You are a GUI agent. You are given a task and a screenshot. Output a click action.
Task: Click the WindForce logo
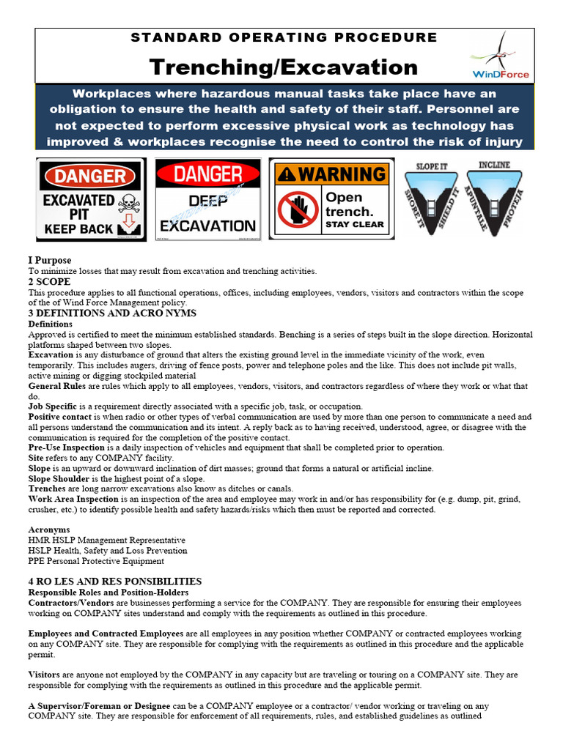(x=501, y=56)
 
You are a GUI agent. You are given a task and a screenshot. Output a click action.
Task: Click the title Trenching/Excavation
(x=284, y=67)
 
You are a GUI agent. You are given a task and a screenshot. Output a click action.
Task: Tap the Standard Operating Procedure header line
(x=284, y=37)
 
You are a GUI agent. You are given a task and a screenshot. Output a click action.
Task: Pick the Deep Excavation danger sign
(x=208, y=198)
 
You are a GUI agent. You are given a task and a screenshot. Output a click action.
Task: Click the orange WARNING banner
(x=331, y=174)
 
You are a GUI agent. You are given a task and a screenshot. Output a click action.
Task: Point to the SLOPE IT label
(x=432, y=166)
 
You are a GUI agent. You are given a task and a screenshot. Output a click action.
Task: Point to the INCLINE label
(x=494, y=165)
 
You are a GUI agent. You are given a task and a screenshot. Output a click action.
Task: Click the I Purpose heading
(x=50, y=260)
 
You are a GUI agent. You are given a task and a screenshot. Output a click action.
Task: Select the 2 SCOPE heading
(x=49, y=281)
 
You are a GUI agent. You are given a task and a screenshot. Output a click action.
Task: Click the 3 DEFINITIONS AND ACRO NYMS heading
(x=112, y=313)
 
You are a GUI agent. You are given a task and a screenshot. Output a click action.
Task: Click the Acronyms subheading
(x=49, y=529)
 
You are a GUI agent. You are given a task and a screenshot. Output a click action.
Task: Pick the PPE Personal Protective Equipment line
(x=96, y=561)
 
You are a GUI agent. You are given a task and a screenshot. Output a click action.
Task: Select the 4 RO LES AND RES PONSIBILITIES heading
(x=114, y=582)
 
